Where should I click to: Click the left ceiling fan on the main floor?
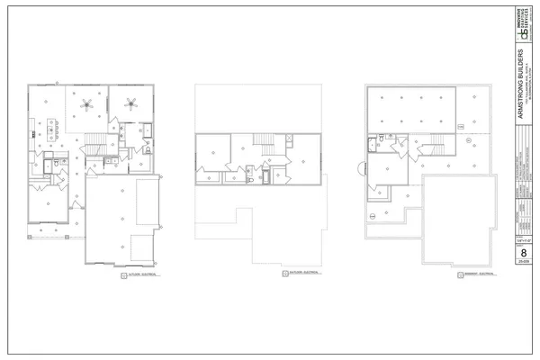click(87, 103)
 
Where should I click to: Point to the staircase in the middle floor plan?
click(264, 141)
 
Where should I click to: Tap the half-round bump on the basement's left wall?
click(363, 167)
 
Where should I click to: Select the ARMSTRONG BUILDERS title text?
click(523, 90)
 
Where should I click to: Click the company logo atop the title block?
click(523, 31)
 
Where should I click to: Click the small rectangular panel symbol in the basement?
click(469, 142)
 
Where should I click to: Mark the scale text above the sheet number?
click(523, 241)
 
